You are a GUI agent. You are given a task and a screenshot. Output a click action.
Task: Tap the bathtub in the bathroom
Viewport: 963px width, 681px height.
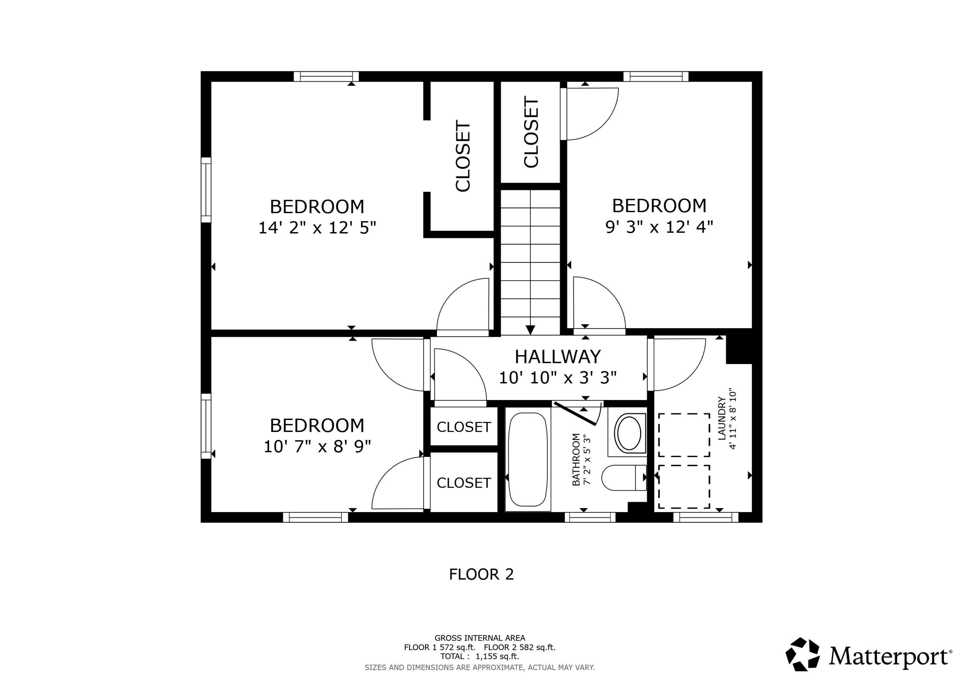[528, 459]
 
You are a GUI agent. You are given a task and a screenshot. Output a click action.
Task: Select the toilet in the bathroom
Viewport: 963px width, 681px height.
[624, 477]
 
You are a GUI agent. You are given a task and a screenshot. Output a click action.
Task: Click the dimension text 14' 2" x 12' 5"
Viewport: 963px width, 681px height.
[317, 228]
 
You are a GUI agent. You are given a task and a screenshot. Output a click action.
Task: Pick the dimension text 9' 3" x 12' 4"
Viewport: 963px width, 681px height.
[659, 227]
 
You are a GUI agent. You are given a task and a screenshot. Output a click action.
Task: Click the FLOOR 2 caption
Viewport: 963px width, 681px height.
[481, 574]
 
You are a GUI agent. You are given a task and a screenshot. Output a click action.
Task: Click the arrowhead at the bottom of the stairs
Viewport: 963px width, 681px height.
[530, 330]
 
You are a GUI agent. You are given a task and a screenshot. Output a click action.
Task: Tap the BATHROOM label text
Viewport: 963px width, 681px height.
[576, 460]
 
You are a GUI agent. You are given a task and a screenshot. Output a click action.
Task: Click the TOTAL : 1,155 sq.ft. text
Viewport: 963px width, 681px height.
[479, 656]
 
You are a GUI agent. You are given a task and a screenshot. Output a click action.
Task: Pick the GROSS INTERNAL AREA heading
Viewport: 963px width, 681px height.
[479, 638]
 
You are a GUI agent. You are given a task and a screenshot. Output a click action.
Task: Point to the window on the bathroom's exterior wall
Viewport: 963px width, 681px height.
[590, 517]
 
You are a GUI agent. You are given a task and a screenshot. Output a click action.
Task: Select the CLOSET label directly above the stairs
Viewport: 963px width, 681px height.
[531, 132]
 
